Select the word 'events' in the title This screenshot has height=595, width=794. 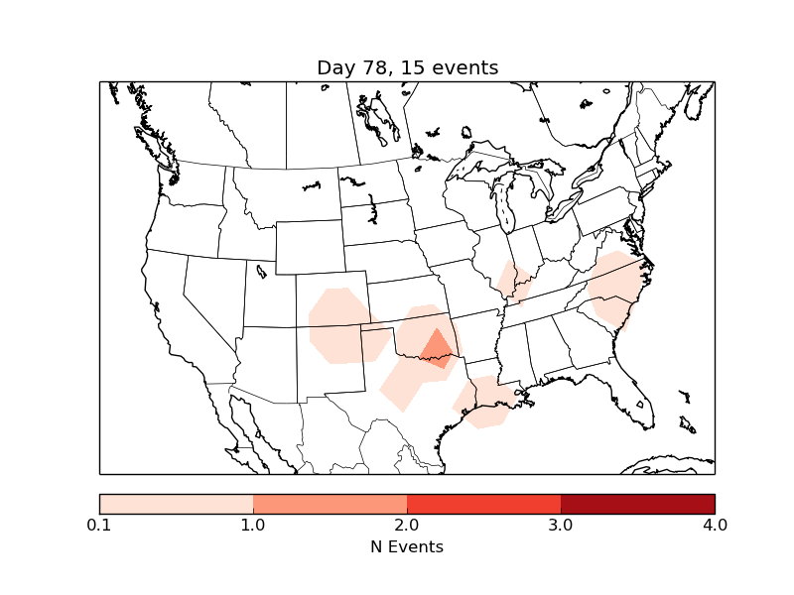coord(465,67)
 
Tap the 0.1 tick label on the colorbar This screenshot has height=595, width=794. coord(99,525)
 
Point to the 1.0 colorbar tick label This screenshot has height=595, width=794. coord(253,525)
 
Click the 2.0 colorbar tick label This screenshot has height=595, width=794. coord(407,525)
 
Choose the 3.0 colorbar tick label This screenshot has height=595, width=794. coord(561,525)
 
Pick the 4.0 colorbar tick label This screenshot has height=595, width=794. coord(715,525)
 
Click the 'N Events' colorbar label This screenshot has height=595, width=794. coord(407,546)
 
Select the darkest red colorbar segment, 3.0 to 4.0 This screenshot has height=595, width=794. coord(637,504)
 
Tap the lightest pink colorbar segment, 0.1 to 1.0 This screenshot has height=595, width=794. coord(176,504)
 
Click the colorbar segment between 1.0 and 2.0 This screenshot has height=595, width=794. coord(330,504)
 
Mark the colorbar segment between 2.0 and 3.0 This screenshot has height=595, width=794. coord(483,504)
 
